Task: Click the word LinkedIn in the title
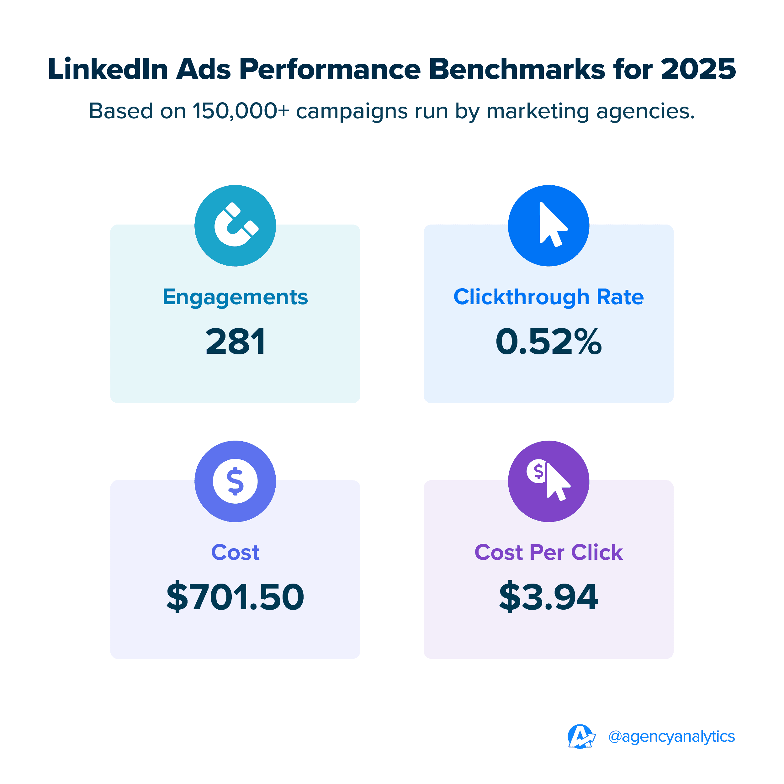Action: pos(108,69)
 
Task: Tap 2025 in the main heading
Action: pos(698,69)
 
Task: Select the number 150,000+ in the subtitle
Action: pos(241,111)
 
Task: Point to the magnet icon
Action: pos(236,225)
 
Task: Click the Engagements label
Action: pos(236,297)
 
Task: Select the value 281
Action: pos(236,342)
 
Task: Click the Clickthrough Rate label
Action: pos(548,297)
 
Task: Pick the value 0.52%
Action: pos(548,342)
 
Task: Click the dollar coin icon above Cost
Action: pos(236,481)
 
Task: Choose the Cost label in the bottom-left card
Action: pos(236,552)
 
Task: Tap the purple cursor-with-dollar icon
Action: pos(548,481)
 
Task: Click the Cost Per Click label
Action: pos(548,552)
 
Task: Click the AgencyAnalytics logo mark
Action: pos(581,737)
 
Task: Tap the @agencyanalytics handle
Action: pos(672,737)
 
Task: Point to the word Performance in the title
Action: pos(330,69)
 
